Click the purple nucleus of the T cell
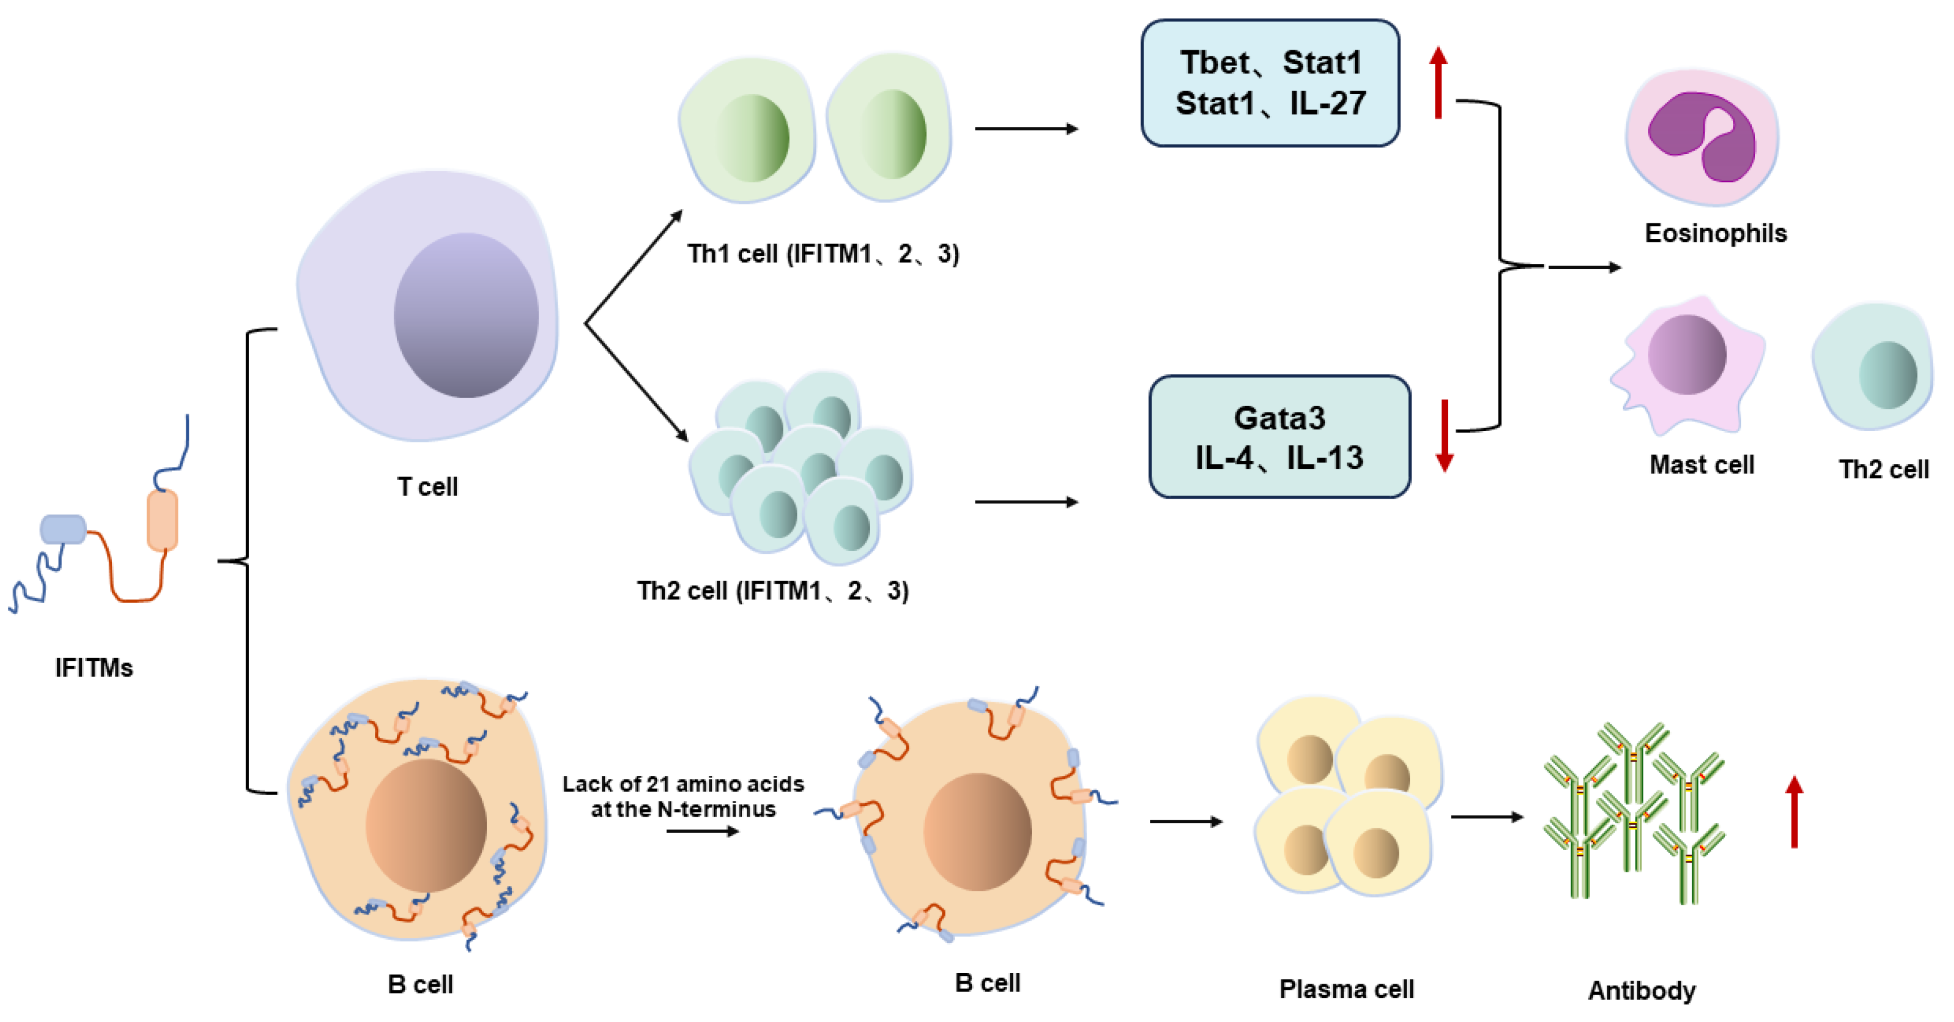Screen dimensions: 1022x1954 [466, 315]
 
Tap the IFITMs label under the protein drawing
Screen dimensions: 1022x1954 [94, 668]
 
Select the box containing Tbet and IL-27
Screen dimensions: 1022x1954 [1270, 83]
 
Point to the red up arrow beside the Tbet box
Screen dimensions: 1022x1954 [1438, 83]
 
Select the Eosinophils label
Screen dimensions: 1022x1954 [1715, 233]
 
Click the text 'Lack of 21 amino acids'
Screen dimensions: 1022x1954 [683, 784]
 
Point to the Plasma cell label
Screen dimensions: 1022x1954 [1347, 990]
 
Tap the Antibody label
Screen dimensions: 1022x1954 [1641, 991]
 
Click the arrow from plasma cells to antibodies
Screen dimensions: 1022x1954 [1487, 817]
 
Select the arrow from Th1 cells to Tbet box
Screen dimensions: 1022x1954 [1026, 129]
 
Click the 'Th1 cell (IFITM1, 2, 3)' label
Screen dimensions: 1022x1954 [822, 254]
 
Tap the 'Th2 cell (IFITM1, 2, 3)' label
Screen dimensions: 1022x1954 [772, 590]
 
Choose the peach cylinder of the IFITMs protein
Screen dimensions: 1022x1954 [162, 520]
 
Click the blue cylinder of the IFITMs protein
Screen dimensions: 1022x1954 [63, 529]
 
